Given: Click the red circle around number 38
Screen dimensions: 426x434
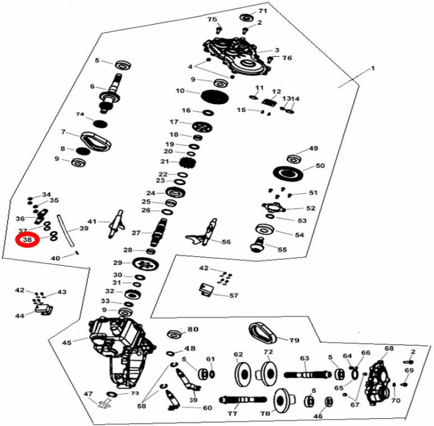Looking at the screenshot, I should pos(27,239).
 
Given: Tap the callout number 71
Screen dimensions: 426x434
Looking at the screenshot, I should pos(263,11).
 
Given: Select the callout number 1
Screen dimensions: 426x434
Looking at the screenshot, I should pos(373,69).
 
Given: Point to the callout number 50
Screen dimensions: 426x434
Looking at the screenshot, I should pos(320,166).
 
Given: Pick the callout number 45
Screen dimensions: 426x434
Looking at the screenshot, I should pos(66,342).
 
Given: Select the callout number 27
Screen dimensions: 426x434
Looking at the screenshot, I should pos(136,233).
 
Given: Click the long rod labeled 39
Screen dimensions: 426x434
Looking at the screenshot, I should pos(68,233).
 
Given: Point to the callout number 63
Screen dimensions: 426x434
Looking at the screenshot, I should pos(304,358).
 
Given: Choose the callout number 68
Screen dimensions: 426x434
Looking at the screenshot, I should pos(389,349).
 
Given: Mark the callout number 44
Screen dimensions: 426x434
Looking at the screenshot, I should pos(20,316).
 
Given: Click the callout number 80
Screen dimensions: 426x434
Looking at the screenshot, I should pos(193,330).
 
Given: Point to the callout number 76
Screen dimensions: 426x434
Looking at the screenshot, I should pos(287,58).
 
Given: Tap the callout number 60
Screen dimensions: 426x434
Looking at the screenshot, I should pos(207,408).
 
